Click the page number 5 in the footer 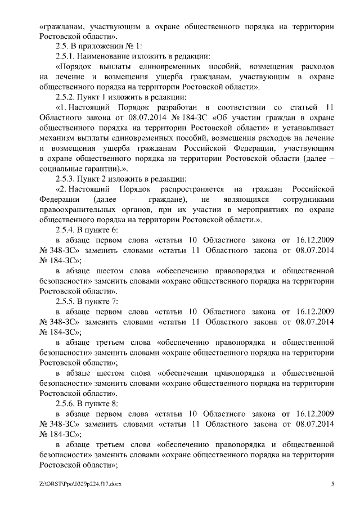click(x=332, y=484)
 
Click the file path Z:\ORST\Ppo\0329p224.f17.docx click(x=81, y=484)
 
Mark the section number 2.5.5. click(x=66, y=301)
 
